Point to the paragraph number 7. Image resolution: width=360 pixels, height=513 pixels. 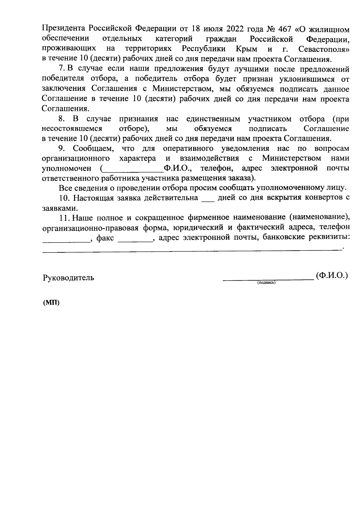click(x=62, y=69)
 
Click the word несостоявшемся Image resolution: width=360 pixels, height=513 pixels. click(x=72, y=129)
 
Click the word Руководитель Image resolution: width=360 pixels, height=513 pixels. click(x=68, y=278)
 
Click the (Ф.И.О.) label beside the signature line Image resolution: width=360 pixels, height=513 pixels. click(x=331, y=276)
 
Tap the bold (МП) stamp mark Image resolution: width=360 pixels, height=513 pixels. click(x=51, y=303)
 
